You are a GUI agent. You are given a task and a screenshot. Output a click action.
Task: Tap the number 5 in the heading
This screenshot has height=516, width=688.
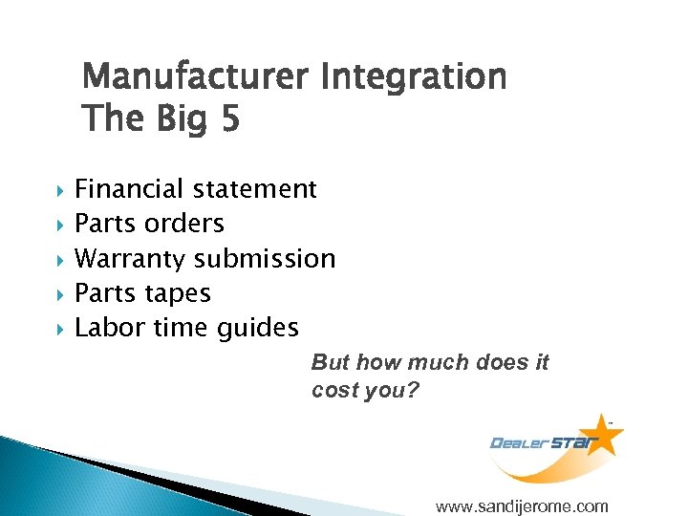coord(228,119)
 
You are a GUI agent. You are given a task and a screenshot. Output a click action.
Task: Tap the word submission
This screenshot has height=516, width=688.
coord(265,258)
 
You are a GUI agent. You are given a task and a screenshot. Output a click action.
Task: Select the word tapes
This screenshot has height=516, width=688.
coord(177,292)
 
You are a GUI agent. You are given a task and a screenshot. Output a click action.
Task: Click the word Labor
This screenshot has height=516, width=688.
coord(104,328)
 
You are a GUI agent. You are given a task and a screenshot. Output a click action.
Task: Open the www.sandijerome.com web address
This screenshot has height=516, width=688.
coord(521,505)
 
